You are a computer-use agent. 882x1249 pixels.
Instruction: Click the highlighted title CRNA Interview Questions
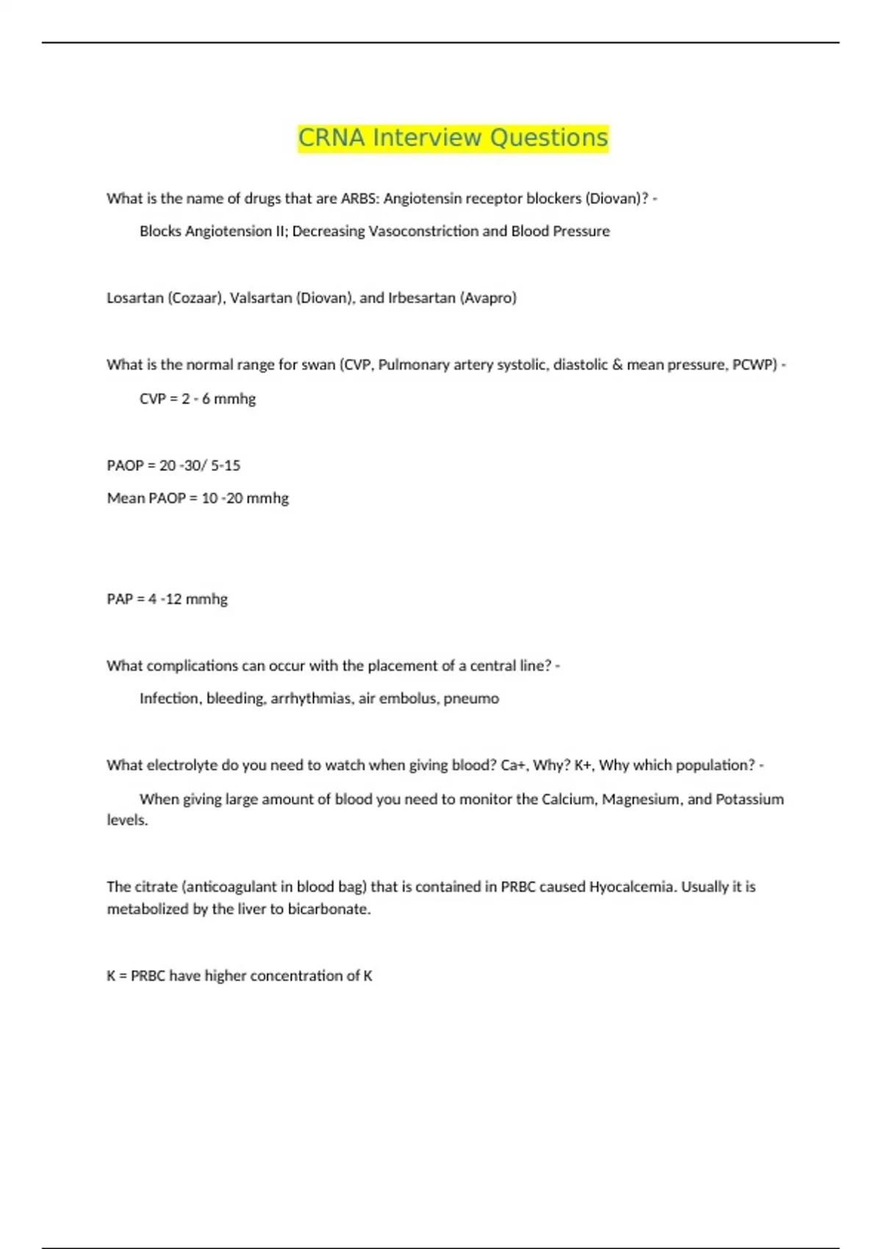(x=453, y=138)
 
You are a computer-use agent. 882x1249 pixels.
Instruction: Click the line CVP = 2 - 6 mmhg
(x=198, y=399)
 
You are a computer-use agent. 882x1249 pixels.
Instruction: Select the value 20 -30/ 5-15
(x=200, y=465)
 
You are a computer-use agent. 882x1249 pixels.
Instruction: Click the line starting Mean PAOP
(x=198, y=498)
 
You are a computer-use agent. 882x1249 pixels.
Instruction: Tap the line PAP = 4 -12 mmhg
(x=167, y=599)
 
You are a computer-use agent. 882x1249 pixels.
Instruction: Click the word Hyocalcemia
(x=631, y=887)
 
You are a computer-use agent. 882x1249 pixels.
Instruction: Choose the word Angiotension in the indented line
(x=228, y=231)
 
